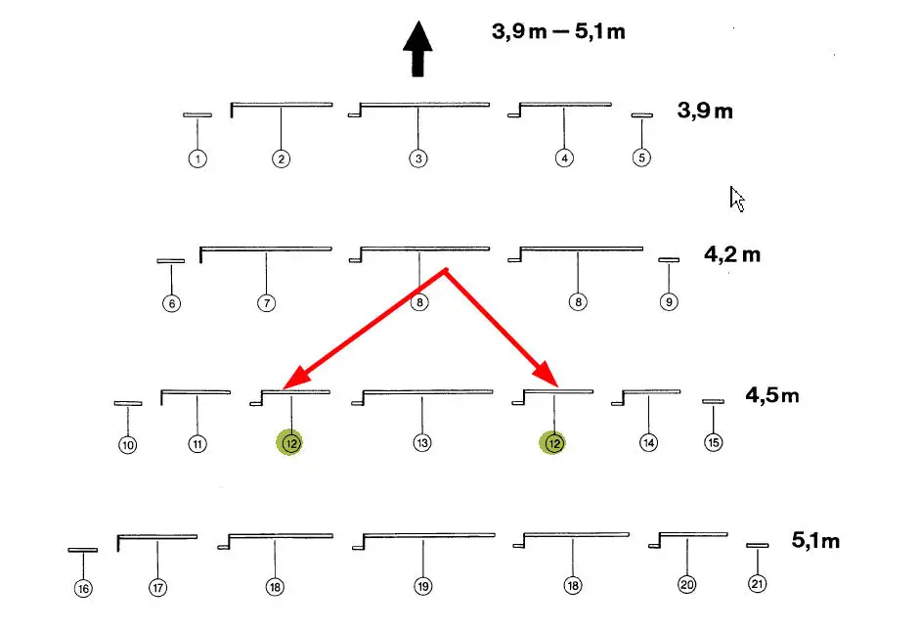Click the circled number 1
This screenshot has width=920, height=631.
click(197, 158)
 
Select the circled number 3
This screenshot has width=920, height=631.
click(418, 158)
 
